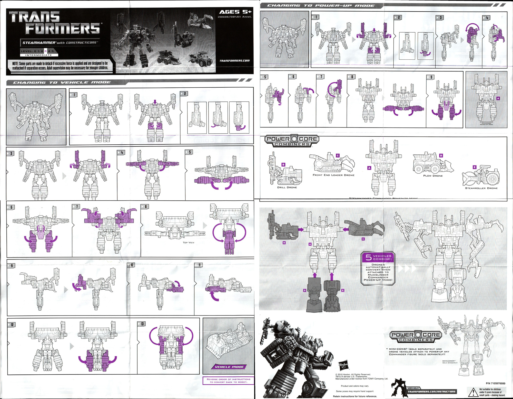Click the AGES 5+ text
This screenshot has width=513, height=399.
pyautogui.click(x=235, y=12)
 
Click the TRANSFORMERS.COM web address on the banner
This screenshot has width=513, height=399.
pyautogui.click(x=234, y=61)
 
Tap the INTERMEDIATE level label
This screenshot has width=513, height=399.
pyautogui.click(x=38, y=55)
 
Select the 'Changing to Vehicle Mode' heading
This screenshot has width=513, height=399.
pyautogui.click(x=62, y=82)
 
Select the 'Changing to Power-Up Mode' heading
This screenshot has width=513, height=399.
pyautogui.click(x=321, y=5)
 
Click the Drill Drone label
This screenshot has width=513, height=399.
pyautogui.click(x=287, y=187)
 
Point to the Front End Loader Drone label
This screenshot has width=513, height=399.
pyautogui.click(x=333, y=175)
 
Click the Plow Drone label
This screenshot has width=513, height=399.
pyautogui.click(x=433, y=176)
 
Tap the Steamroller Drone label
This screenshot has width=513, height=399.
pyautogui.click(x=481, y=188)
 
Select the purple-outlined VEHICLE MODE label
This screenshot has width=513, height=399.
pyautogui.click(x=229, y=367)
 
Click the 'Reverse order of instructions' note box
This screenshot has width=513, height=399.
pyautogui.click(x=228, y=381)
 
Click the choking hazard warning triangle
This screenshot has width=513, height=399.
pyautogui.click(x=473, y=392)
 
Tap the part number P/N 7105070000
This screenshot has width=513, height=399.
pyautogui.click(x=495, y=383)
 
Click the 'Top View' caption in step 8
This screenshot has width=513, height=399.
pyautogui.click(x=188, y=243)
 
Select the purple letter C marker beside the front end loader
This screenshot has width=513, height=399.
pyautogui.click(x=338, y=155)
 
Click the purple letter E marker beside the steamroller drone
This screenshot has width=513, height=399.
pyautogui.click(x=475, y=167)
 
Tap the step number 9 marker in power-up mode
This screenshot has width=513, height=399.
pyautogui.click(x=430, y=77)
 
